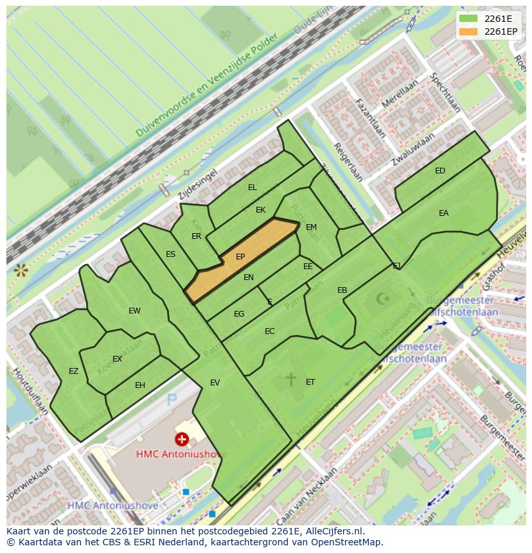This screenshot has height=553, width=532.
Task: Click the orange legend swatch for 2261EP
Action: pyautogui.click(x=469, y=31)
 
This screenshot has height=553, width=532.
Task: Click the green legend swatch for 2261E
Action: pyautogui.click(x=469, y=19)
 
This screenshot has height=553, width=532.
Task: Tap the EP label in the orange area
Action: pyautogui.click(x=240, y=257)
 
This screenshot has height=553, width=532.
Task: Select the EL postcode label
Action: pyautogui.click(x=253, y=188)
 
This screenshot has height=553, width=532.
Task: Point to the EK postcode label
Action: pyautogui.click(x=260, y=210)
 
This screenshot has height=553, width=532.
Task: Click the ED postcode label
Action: pyautogui.click(x=440, y=171)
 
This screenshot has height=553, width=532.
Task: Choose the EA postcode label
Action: pyautogui.click(x=443, y=213)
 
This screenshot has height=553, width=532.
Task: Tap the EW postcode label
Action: pyautogui.click(x=134, y=311)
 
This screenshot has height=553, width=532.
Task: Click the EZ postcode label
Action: pyautogui.click(x=73, y=371)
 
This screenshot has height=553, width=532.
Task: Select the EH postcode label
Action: pyautogui.click(x=140, y=385)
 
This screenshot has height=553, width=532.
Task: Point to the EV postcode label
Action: pyautogui.click(x=215, y=383)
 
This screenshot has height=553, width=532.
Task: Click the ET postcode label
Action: pyautogui.click(x=310, y=382)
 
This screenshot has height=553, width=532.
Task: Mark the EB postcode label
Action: pyautogui.click(x=342, y=291)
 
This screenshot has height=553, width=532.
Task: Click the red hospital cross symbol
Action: pyautogui.click(x=182, y=439)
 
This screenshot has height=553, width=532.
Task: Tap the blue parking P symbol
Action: pyautogui.click(x=172, y=401)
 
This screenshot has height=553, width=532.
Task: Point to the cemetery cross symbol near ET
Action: pyautogui.click(x=291, y=380)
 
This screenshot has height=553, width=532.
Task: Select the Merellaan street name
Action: pyautogui.click(x=399, y=94)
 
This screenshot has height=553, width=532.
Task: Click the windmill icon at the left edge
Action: pyautogui.click(x=21, y=270)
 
